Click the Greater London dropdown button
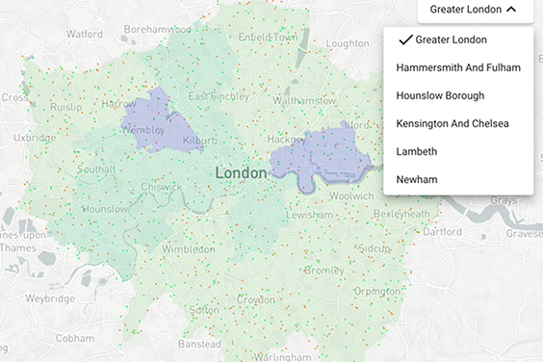tap(474, 10)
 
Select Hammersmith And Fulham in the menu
tap(457, 67)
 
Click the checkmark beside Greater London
tap(406, 39)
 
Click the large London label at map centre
tap(242, 172)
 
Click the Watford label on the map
tap(84, 34)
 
